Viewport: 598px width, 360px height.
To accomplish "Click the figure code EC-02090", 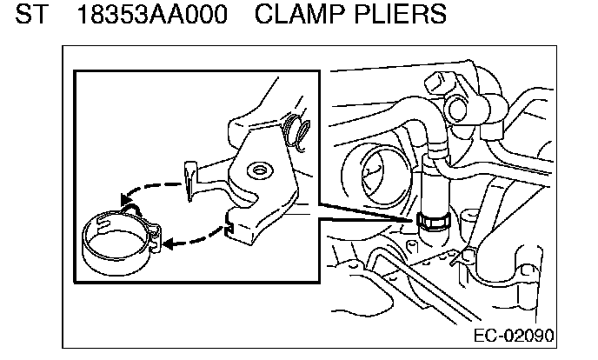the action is (x=515, y=336).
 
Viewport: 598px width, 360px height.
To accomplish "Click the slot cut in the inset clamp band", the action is (x=105, y=228).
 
